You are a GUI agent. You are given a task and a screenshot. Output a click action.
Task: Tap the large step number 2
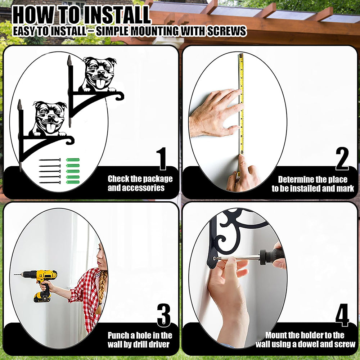pyautogui.click(x=342, y=158)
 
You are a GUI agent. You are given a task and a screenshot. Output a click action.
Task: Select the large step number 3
pyautogui.click(x=164, y=315)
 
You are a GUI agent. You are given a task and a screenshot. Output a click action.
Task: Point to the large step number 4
pyautogui.click(x=342, y=315)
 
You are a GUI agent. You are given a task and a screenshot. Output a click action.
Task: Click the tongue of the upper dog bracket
pyautogui.click(x=100, y=83)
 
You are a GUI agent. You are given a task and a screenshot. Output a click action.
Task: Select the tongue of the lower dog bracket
pyautogui.click(x=50, y=128)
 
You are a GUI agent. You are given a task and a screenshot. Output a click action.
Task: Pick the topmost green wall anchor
pyautogui.click(x=73, y=160)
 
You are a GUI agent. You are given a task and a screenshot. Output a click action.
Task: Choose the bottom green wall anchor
pyautogui.click(x=73, y=182)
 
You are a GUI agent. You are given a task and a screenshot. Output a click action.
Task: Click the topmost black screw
pyautogui.click(x=50, y=160)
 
